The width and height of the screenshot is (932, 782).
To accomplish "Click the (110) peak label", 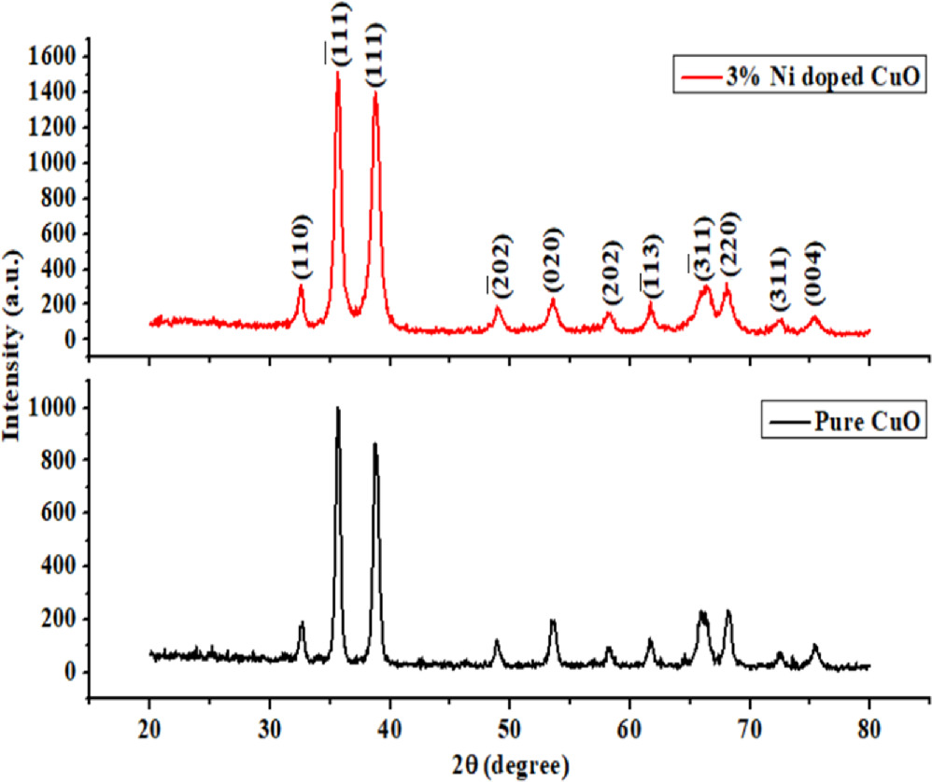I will point(301,246).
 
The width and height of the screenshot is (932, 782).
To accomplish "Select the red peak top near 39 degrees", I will point(375,93).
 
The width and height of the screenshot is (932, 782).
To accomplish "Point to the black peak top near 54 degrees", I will point(553,621).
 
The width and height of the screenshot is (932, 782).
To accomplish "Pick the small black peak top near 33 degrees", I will point(302,623).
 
